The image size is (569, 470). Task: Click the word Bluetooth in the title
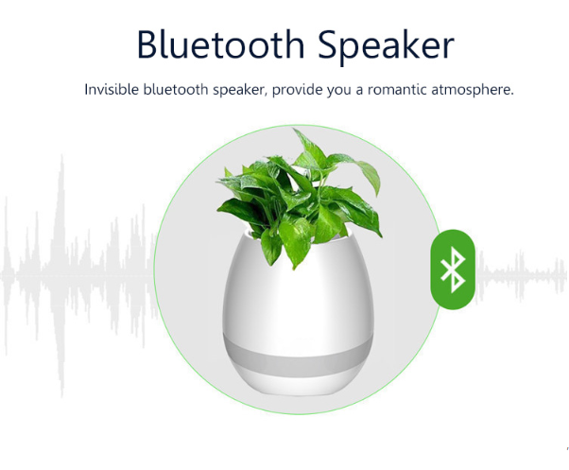220,44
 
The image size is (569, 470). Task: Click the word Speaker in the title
386,47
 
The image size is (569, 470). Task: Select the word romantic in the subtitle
396,89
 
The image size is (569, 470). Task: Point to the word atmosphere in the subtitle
473,90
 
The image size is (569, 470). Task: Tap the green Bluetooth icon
453,270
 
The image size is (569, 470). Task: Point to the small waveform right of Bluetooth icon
522,276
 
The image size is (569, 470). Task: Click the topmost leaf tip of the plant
294,129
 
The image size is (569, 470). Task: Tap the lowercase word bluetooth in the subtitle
176,89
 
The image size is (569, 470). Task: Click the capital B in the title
147,44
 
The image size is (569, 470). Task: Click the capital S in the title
328,44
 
